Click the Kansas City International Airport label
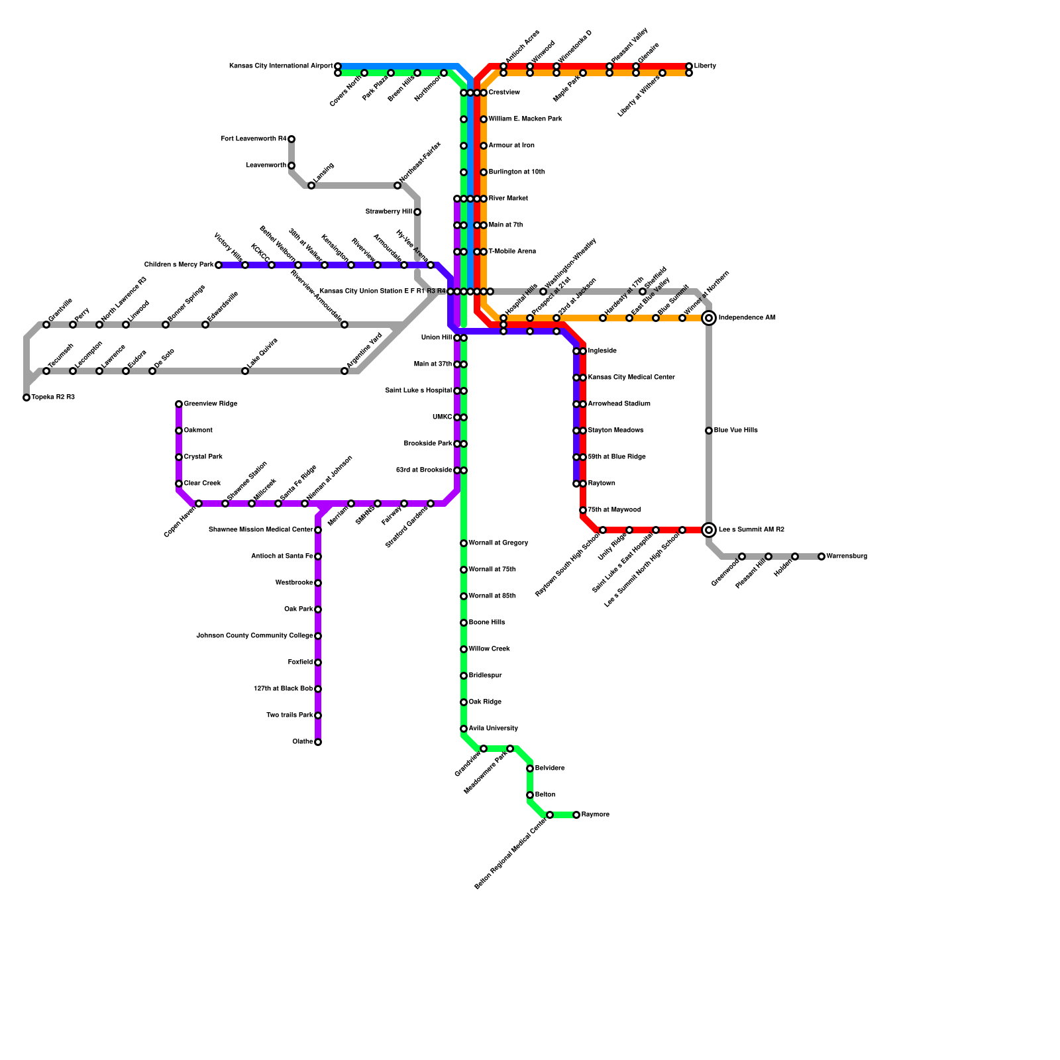(280, 66)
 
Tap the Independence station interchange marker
(709, 318)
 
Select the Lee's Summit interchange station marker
(709, 530)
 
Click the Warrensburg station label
(847, 556)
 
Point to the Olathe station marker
(318, 742)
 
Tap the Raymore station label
(595, 815)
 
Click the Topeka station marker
(26, 397)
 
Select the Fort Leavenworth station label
(254, 139)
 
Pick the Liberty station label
(705, 66)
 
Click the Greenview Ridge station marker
(179, 404)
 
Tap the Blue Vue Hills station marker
(709, 431)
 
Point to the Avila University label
(493, 729)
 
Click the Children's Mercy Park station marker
(219, 265)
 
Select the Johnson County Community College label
(254, 636)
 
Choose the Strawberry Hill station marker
(417, 212)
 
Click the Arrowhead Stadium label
(619, 404)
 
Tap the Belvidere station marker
(530, 768)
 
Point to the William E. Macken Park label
(525, 119)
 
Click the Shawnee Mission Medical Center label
(260, 530)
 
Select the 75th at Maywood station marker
(583, 510)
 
